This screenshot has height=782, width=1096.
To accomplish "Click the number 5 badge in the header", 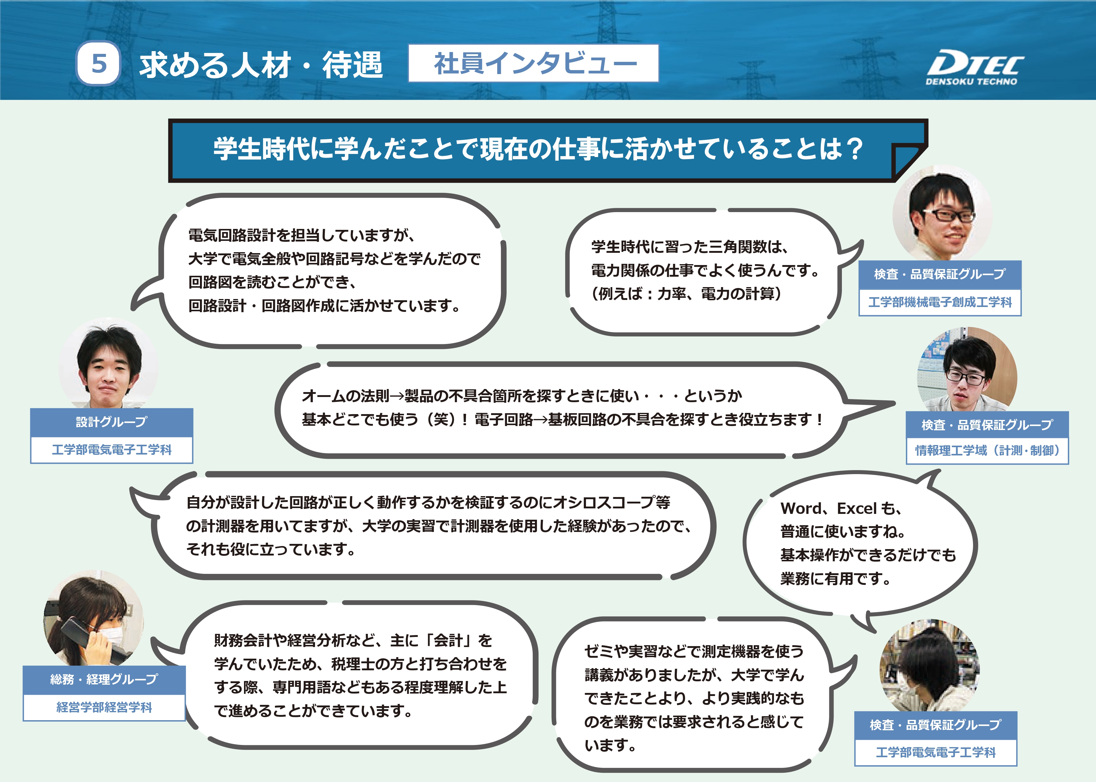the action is (x=98, y=64).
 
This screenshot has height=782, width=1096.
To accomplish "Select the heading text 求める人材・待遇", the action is (x=261, y=65).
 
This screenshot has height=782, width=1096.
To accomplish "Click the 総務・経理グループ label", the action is (x=104, y=679).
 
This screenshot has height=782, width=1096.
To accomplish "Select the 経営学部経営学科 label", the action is (x=104, y=707).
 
